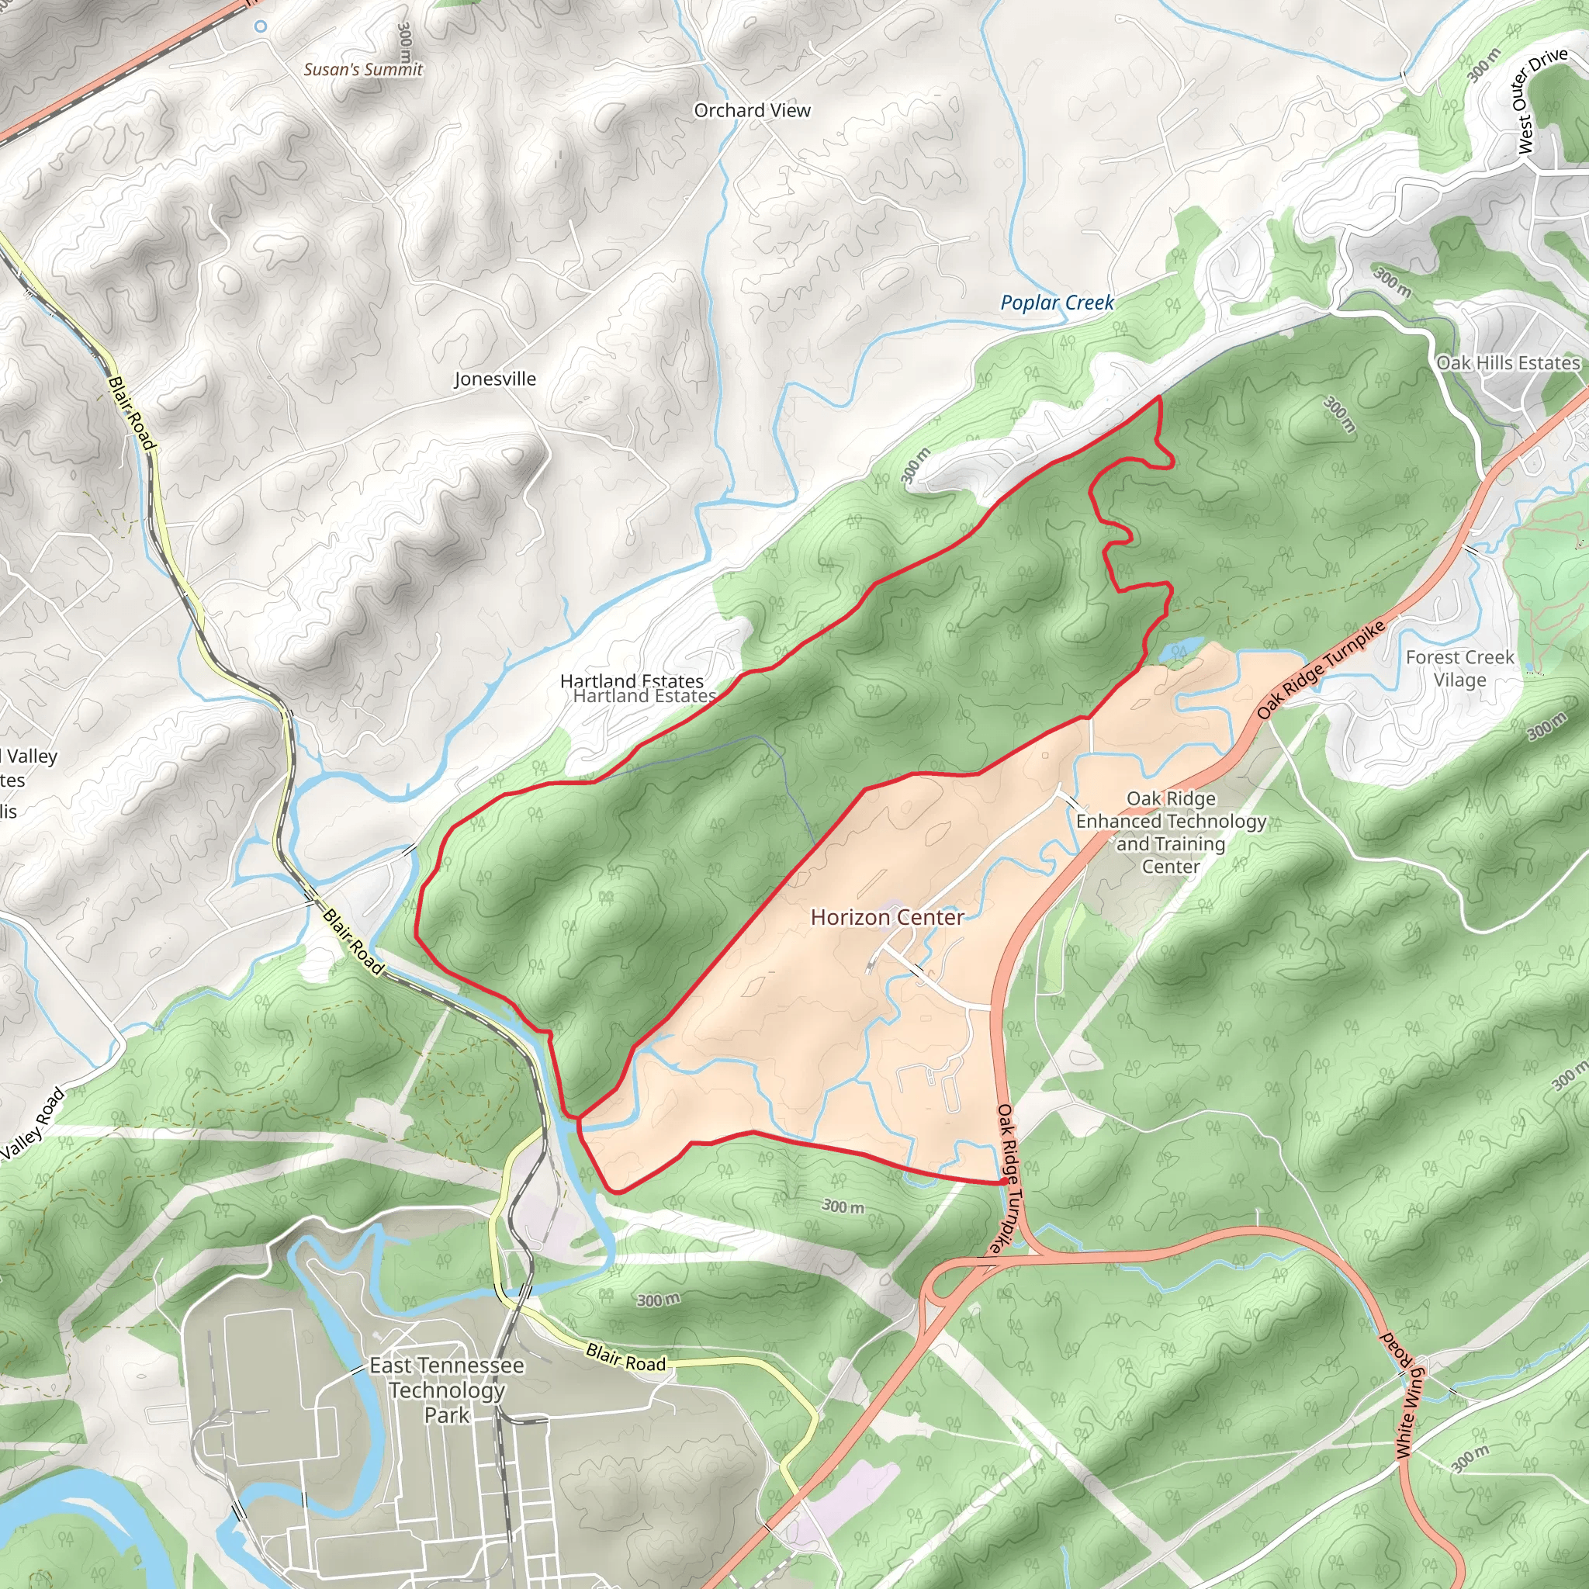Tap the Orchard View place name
click(752, 110)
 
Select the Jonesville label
click(495, 379)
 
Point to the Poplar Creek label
click(1057, 303)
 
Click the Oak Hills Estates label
click(1508, 362)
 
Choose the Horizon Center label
click(887, 917)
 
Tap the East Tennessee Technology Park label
click(447, 1390)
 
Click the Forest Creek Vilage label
click(1459, 668)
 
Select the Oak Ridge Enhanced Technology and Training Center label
click(1170, 832)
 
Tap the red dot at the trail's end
click(1004, 1182)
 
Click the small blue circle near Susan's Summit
click(261, 26)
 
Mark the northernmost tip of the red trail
click(1160, 397)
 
